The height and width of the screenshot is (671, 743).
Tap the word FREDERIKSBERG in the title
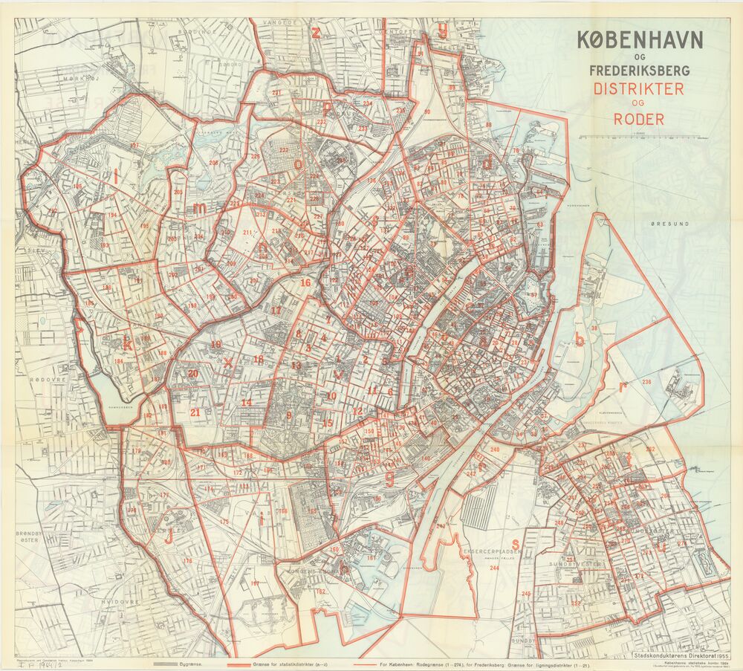tap(640, 71)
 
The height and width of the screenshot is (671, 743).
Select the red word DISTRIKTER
tap(638, 88)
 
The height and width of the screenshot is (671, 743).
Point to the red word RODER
tap(638, 118)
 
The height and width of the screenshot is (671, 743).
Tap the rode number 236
tap(646, 382)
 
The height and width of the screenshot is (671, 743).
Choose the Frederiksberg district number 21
tap(196, 412)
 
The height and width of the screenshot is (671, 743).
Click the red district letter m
tap(199, 210)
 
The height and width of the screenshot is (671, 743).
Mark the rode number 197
tap(134, 145)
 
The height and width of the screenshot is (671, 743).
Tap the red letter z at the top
tap(316, 32)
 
